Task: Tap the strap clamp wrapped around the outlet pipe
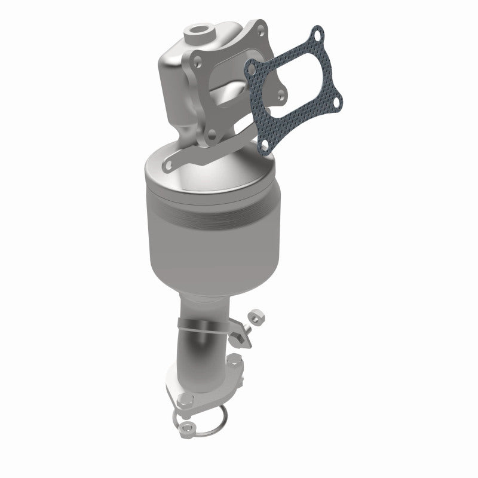point(203,327)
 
